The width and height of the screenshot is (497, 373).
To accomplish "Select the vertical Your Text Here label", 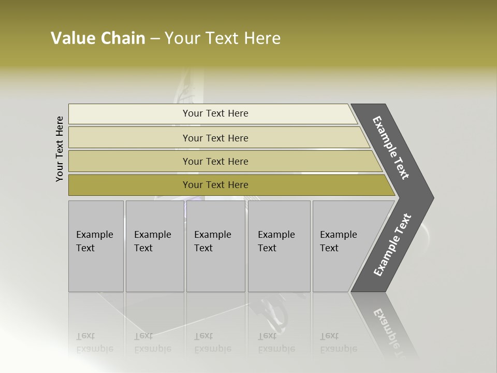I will point(60,149).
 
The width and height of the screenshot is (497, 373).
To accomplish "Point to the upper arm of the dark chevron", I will point(391,148).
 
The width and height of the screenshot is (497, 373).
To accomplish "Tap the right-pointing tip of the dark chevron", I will point(427,197).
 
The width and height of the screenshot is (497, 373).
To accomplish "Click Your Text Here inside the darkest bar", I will point(215,185).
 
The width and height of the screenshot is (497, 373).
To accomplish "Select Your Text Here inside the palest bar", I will point(215,113).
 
